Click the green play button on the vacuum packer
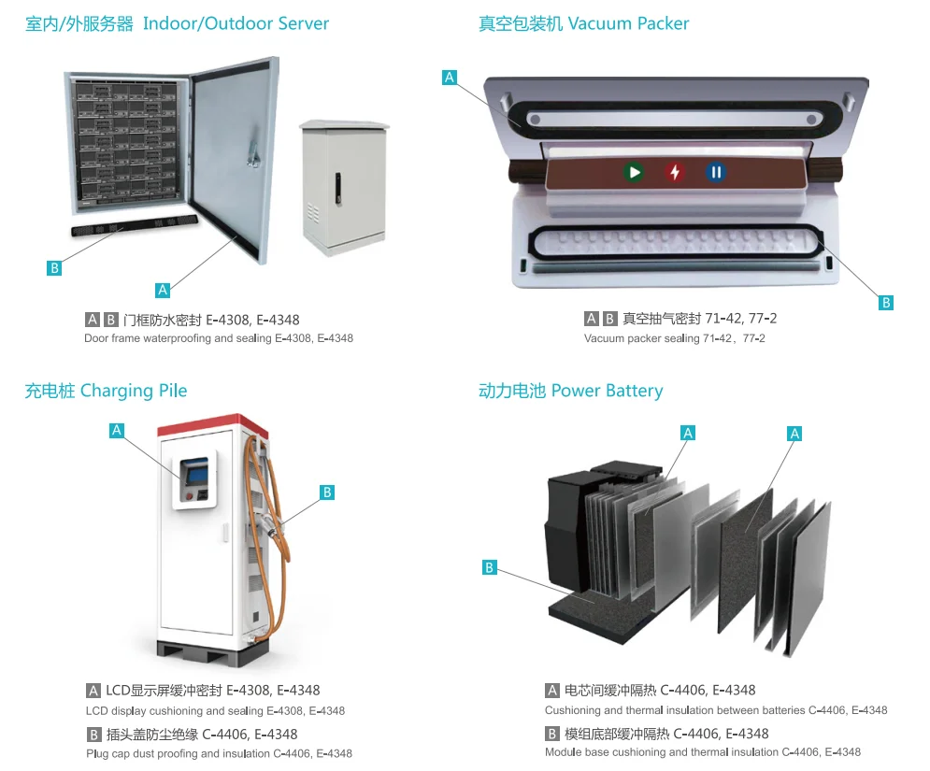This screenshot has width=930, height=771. point(635,172)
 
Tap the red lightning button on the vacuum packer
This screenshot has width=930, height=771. point(675,172)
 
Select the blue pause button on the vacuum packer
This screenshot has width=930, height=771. point(715,172)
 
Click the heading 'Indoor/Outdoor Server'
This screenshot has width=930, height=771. point(236,23)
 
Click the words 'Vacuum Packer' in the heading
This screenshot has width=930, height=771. point(628,23)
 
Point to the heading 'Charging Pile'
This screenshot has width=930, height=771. point(134,391)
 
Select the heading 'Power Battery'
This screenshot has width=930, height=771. point(607,391)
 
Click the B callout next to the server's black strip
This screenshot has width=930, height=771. point(54,268)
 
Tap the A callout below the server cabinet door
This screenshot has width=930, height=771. point(163,290)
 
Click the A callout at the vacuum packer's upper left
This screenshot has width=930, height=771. point(450,78)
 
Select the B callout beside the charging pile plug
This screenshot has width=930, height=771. point(326,492)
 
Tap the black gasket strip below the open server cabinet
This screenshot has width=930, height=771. point(135,226)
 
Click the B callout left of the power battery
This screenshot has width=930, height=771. point(489,566)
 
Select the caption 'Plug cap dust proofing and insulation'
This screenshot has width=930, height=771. point(179,753)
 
